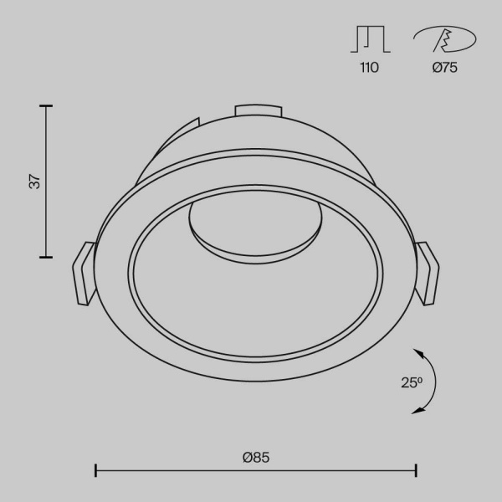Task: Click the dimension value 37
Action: click(x=34, y=181)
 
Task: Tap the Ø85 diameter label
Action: click(x=256, y=457)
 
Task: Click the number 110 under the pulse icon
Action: click(x=369, y=68)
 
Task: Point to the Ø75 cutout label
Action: click(x=444, y=68)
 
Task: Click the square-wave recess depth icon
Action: click(x=369, y=40)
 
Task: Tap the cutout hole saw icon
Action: click(x=444, y=40)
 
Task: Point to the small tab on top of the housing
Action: click(x=256, y=110)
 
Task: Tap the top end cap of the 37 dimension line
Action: click(x=46, y=105)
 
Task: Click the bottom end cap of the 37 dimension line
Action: click(x=46, y=256)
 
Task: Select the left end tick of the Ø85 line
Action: click(x=95, y=471)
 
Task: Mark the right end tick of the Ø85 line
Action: click(x=416, y=471)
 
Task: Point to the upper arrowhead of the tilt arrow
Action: click(x=419, y=351)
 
